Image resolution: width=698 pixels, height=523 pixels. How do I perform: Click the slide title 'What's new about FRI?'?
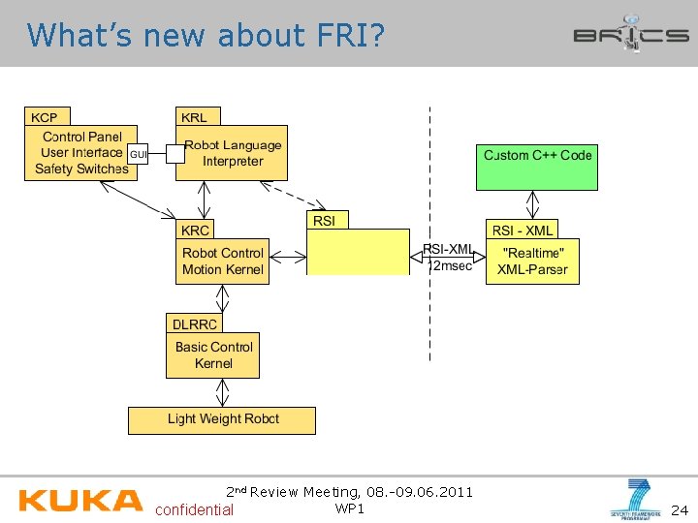tap(206, 36)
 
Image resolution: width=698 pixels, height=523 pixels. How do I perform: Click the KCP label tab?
tap(45, 117)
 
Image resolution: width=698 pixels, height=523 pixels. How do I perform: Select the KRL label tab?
tap(194, 117)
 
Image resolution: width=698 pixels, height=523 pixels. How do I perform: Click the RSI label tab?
tap(326, 221)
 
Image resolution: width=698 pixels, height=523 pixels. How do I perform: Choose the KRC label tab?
tap(195, 231)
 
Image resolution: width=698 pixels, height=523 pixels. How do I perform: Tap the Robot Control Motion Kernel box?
tap(223, 261)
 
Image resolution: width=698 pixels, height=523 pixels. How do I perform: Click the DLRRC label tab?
tap(194, 323)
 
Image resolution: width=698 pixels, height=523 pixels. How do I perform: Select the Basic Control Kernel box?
tap(213, 355)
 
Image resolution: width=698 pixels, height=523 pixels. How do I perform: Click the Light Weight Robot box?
tap(222, 419)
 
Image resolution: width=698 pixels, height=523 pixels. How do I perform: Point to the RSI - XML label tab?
tap(523, 231)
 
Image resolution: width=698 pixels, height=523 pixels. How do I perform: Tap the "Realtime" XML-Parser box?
tap(532, 261)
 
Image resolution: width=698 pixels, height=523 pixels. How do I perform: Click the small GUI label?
tap(139, 155)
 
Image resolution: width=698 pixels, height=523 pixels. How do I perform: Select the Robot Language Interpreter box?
tap(233, 154)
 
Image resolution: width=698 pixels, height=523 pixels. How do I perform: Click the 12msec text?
tap(451, 266)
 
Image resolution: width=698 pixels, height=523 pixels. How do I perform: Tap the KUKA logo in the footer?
tap(80, 501)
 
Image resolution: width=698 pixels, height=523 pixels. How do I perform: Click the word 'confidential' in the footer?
tap(194, 509)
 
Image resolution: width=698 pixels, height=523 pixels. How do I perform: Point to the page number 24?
tap(679, 509)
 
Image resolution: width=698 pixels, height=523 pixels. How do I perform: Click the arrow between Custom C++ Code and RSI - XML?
tap(532, 204)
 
